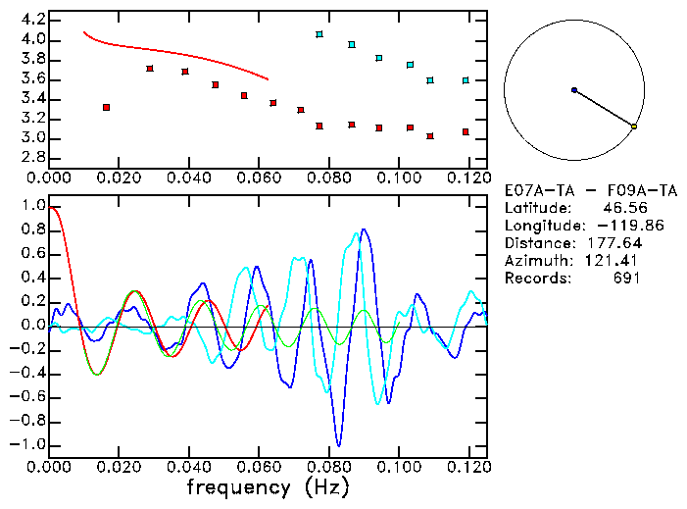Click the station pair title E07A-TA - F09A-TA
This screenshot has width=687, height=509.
tap(590, 190)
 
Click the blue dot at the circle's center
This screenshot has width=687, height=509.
tap(574, 90)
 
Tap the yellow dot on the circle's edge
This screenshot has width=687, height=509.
tap(634, 127)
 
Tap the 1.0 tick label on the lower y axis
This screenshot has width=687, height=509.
tap(32, 206)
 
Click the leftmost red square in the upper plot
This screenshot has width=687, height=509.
tap(106, 107)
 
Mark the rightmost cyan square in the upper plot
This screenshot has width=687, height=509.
tap(466, 80)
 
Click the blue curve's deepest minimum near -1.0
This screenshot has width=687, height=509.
tap(338, 445)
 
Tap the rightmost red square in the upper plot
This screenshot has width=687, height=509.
tap(466, 131)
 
